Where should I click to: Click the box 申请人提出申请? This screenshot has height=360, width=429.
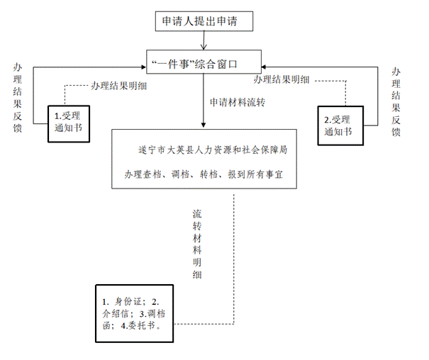point(204,22)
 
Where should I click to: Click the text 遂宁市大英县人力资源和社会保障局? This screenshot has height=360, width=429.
point(212,151)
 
